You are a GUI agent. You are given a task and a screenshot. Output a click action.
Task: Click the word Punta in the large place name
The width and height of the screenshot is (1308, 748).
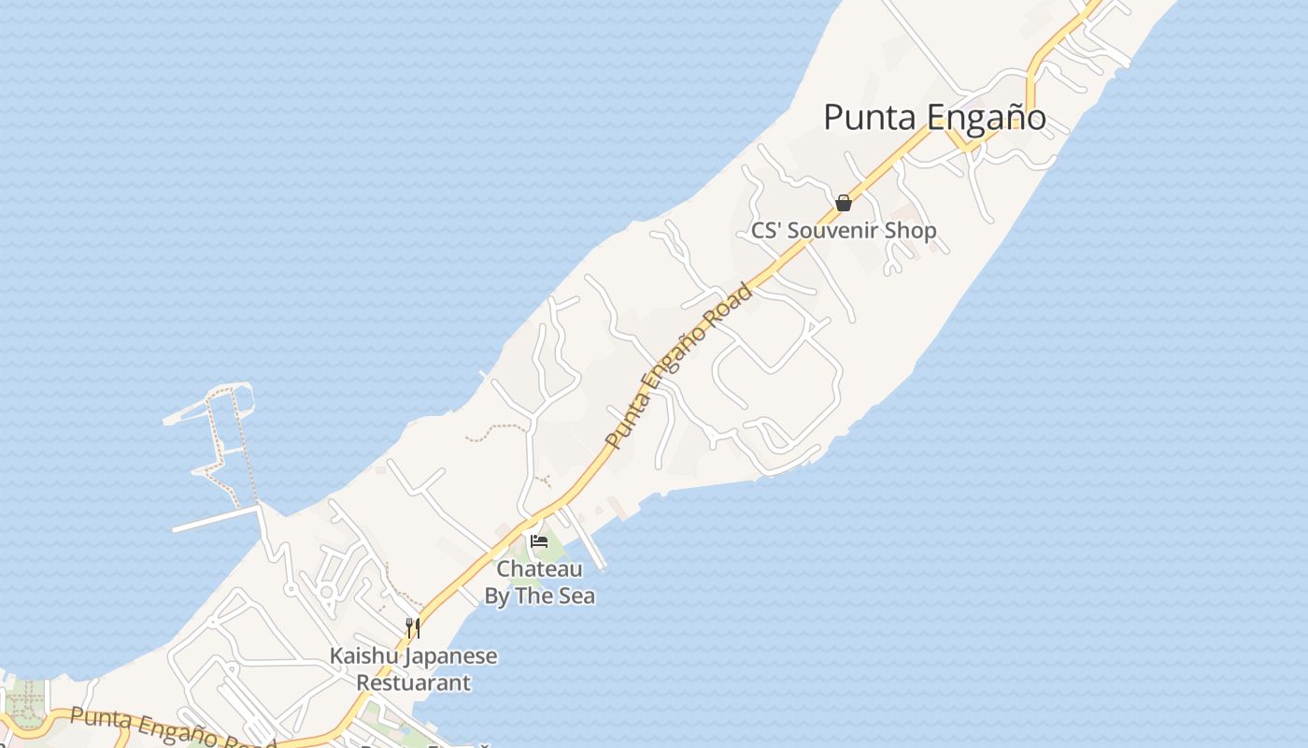click(871, 118)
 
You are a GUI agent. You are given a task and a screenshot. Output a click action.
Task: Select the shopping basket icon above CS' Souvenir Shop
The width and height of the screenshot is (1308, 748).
click(844, 203)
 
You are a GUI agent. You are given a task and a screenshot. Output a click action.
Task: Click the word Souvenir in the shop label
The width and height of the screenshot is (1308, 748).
click(844, 230)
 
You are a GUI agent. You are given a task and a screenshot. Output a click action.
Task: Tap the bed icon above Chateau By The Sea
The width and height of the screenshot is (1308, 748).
click(538, 540)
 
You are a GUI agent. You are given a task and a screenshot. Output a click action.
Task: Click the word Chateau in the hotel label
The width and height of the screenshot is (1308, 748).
click(539, 568)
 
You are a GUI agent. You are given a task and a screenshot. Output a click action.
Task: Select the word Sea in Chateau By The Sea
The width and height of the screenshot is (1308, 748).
click(576, 596)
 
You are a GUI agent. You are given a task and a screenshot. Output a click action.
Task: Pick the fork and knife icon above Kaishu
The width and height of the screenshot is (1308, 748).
click(412, 627)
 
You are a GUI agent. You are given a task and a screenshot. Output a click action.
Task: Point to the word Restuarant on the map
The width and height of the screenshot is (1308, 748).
click(413, 683)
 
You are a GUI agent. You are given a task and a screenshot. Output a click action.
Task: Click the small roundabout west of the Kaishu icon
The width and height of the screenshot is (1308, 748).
click(326, 591)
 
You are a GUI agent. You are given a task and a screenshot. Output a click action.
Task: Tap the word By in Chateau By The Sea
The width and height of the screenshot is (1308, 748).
click(497, 596)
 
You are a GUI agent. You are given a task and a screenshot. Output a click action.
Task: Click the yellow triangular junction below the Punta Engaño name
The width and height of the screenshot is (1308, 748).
click(961, 140)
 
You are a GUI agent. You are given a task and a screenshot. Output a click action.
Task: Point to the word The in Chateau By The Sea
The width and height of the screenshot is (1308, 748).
click(533, 596)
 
